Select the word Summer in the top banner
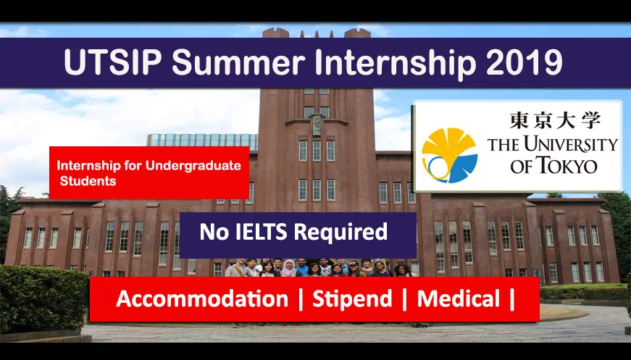point(238,62)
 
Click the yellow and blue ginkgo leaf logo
point(449,155)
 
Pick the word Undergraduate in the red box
point(193,166)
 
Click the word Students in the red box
point(88,181)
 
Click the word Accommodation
point(202,299)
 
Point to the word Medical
point(459,299)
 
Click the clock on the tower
point(317,125)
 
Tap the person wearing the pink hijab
point(288,268)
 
